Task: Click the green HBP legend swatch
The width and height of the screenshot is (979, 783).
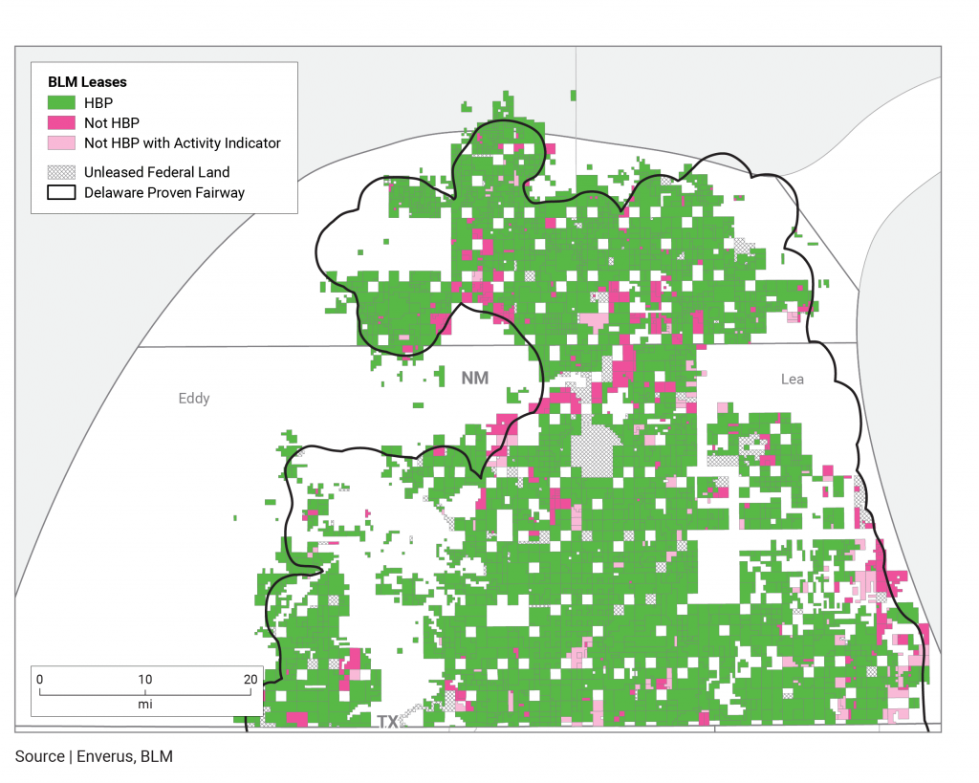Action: pyautogui.click(x=61, y=102)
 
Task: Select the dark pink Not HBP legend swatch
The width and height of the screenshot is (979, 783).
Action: pyautogui.click(x=61, y=122)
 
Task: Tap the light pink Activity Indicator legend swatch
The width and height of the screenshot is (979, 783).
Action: pyautogui.click(x=61, y=143)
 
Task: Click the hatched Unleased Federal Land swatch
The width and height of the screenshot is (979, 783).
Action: pyautogui.click(x=61, y=172)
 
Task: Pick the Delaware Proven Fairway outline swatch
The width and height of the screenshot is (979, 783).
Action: pyautogui.click(x=61, y=192)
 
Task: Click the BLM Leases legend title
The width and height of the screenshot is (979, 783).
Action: pyautogui.click(x=87, y=82)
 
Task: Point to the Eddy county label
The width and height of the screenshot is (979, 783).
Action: pyautogui.click(x=194, y=399)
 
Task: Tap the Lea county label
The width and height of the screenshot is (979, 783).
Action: pyautogui.click(x=793, y=380)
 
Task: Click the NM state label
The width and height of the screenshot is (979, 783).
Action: pyautogui.click(x=474, y=379)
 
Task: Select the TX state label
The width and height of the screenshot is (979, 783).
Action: pyautogui.click(x=387, y=722)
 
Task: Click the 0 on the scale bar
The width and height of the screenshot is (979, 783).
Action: pyautogui.click(x=39, y=679)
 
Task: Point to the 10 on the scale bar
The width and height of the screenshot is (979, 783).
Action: pyautogui.click(x=144, y=679)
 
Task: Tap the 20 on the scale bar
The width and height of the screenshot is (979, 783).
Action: pyautogui.click(x=250, y=679)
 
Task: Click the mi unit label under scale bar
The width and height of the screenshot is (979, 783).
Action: pyautogui.click(x=144, y=704)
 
